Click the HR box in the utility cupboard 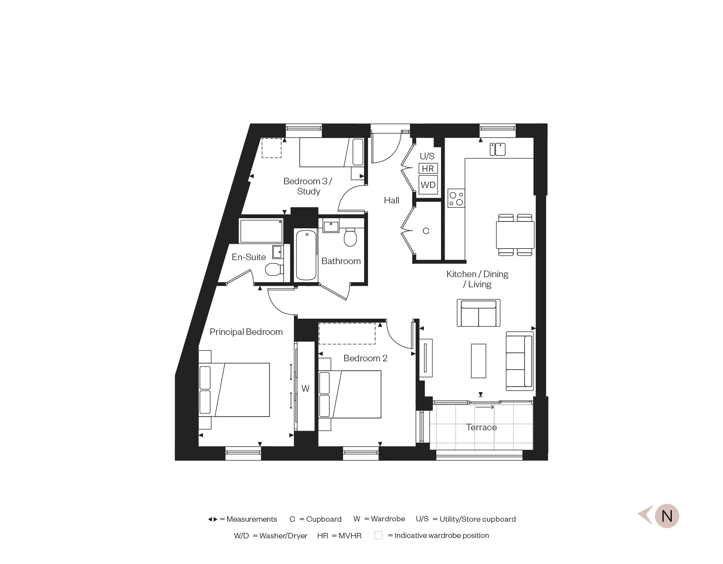428,169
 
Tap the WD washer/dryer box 428,185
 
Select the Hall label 392,201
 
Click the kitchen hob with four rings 456,198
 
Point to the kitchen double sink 497,149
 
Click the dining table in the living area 515,235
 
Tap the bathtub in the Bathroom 306,255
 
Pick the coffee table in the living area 479,361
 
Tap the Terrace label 481,427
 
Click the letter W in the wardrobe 305,389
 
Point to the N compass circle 667,516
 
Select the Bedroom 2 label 365,358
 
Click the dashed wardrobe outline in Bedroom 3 271,148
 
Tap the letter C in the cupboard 426,231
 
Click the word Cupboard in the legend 324,519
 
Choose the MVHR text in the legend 350,536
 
